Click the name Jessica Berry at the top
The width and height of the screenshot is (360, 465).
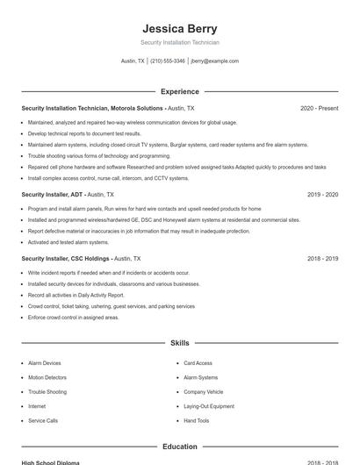179,29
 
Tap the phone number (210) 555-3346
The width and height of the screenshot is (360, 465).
167,61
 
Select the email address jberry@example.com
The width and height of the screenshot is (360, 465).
214,61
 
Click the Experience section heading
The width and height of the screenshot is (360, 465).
179,91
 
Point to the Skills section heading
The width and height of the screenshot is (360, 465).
179,343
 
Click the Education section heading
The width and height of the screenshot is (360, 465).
179,447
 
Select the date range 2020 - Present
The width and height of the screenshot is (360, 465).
319,108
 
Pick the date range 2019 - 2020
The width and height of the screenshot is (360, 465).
322,194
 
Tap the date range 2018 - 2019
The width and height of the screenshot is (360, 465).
322,259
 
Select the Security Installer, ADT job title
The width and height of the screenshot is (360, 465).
53,194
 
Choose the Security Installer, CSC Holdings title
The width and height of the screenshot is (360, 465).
66,259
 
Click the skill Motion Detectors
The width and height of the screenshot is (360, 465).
47,377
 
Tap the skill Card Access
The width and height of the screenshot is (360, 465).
198,363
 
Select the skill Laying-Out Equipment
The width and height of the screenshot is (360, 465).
208,406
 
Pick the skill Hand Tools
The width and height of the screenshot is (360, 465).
197,421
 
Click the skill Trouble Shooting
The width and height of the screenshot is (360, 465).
47,392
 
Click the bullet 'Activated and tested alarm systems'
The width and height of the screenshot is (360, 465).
68,242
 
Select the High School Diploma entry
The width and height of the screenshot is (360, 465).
51,461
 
